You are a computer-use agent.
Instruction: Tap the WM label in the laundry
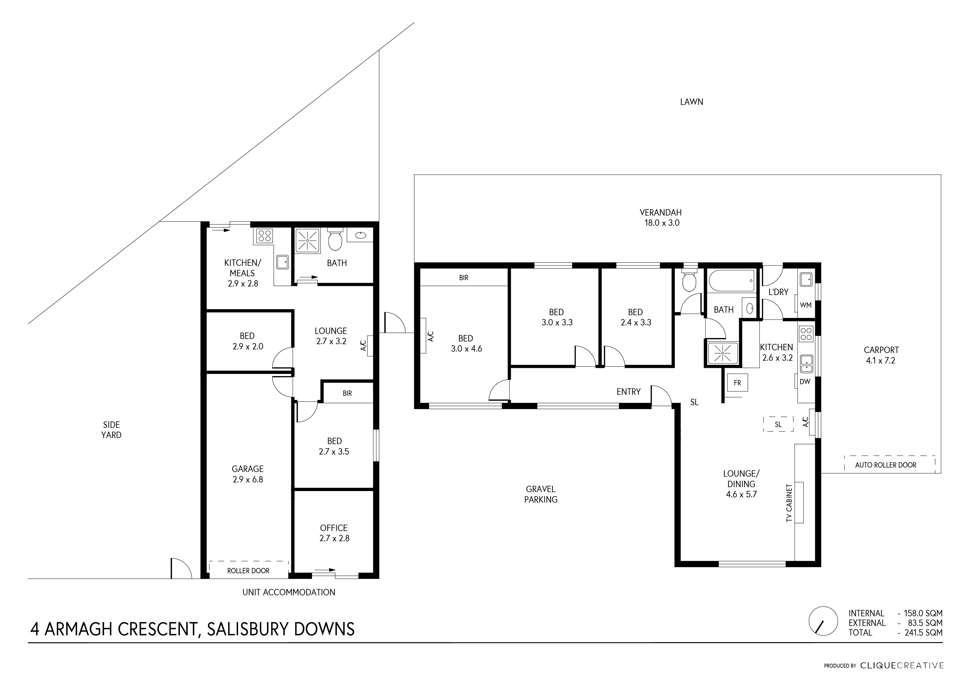pos(805,305)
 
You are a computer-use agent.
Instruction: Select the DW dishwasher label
pos(805,382)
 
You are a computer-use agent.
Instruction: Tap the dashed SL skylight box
pos(778,424)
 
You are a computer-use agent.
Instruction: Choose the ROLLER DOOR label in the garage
pos(248,571)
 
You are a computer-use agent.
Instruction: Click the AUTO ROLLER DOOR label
pos(886,465)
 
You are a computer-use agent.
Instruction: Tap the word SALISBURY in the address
pos(246,629)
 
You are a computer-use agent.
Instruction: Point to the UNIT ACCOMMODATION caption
pos(289,592)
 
